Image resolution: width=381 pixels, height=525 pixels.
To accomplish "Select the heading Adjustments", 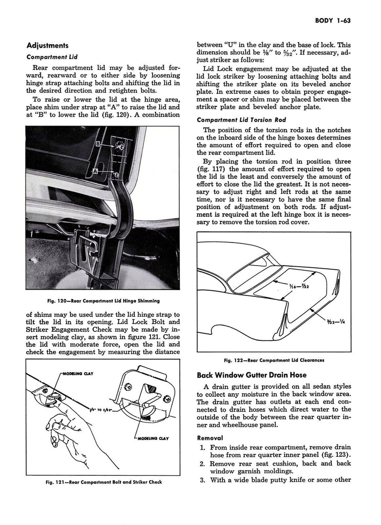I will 48,45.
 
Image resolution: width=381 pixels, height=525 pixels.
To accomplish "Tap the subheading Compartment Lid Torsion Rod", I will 242,119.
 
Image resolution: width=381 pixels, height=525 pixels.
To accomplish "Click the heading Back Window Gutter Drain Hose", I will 256,375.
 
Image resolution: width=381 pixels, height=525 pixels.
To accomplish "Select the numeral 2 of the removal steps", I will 203,463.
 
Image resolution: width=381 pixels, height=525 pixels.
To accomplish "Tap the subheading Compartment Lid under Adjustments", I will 52,57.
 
